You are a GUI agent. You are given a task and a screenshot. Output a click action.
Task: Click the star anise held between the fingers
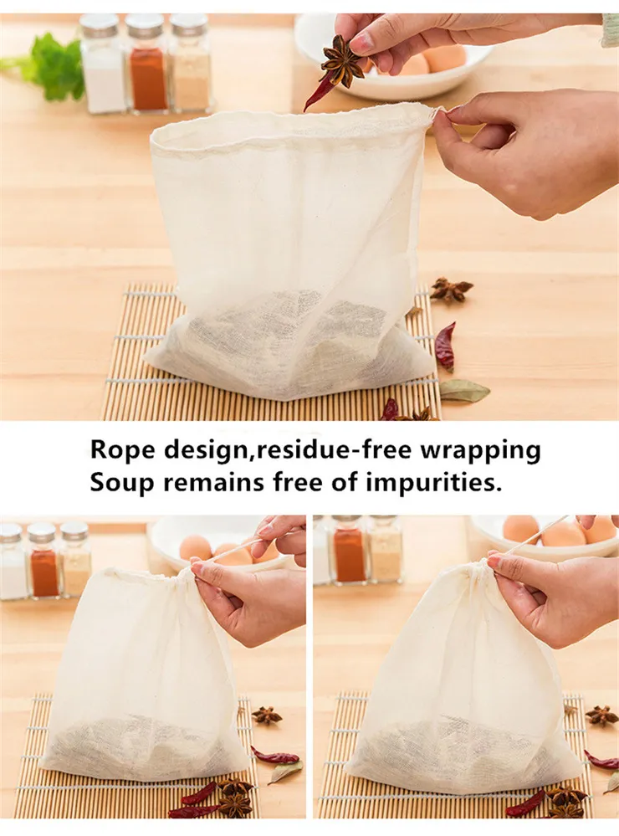[x=341, y=60]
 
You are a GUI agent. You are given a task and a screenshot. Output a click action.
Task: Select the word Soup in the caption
[x=121, y=483]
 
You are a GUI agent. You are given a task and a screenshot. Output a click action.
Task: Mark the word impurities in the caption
[x=433, y=484]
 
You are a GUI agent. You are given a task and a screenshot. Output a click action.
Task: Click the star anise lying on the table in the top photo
[x=451, y=290]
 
